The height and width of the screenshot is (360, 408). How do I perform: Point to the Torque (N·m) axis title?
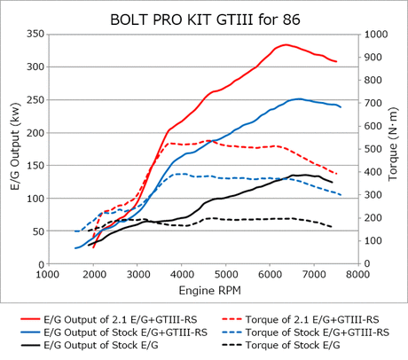pyautogui.click(x=393, y=149)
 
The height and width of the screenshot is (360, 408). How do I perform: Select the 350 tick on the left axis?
pyautogui.click(x=36, y=34)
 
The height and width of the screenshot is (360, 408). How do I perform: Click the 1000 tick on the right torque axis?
pyautogui.click(x=376, y=34)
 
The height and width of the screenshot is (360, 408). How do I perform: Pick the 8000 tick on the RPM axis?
pyautogui.click(x=357, y=276)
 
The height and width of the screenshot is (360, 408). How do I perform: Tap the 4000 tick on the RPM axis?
pyautogui.click(x=182, y=276)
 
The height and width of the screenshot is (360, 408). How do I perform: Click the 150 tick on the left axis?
pyautogui.click(x=36, y=166)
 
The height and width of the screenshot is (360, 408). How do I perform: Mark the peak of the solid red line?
pyautogui.click(x=286, y=44)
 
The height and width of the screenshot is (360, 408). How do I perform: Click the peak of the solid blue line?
pyautogui.click(x=300, y=99)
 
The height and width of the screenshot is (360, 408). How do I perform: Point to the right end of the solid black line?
pyautogui.click(x=333, y=182)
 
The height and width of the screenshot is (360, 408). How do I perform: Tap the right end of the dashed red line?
pyautogui.click(x=336, y=174)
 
